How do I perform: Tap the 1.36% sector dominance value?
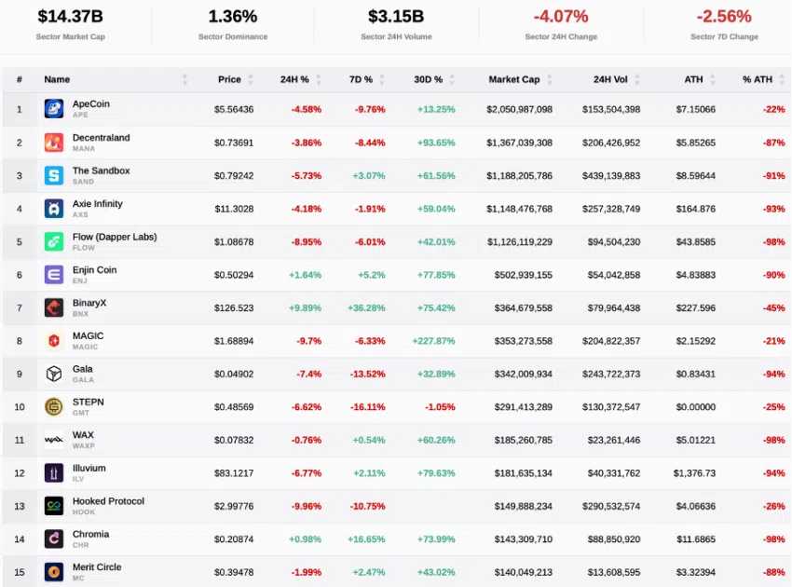pos(232,17)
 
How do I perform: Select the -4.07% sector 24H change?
pos(560,17)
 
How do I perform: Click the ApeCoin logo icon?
pos(54,109)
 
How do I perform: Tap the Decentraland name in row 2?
pos(101,138)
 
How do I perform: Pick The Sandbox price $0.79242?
pos(233,175)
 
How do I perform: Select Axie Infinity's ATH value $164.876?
pos(695,209)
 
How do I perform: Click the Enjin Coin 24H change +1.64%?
pos(305,275)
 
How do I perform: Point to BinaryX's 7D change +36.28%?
pos(366,308)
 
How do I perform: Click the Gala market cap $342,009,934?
pos(519,375)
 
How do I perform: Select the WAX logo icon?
pos(54,440)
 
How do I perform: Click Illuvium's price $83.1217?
pos(233,473)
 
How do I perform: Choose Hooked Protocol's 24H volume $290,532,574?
pos(607,507)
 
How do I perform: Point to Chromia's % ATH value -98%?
pos(773,539)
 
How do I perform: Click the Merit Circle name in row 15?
pos(97,567)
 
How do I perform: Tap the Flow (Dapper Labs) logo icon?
pos(54,241)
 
